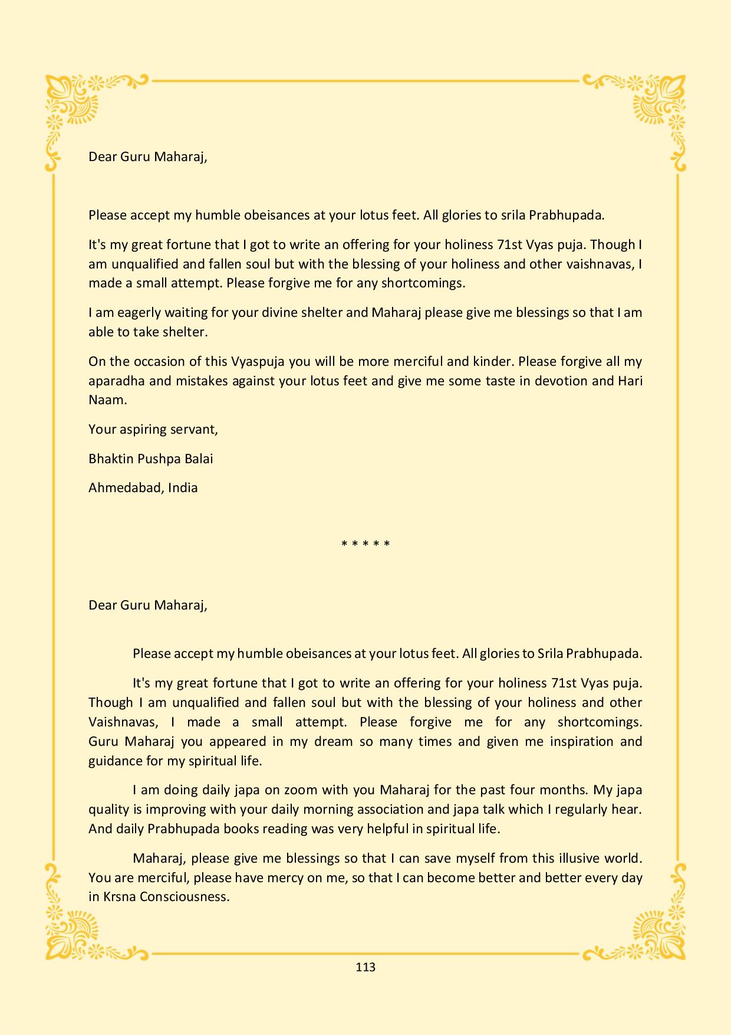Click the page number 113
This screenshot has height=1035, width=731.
click(365, 967)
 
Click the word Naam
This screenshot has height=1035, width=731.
click(106, 399)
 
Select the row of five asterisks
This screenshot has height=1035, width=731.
click(365, 543)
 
